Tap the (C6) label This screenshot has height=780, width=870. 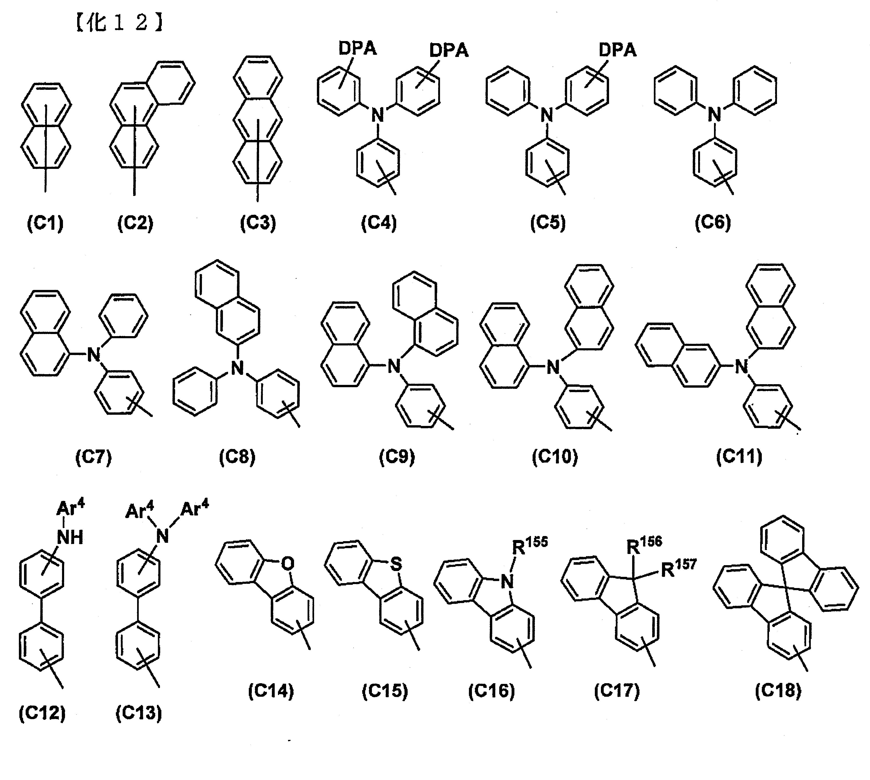pos(713,223)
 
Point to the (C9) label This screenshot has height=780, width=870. pos(397,457)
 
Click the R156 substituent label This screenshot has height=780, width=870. pos(644,544)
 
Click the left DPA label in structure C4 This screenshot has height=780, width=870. pos(358,49)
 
